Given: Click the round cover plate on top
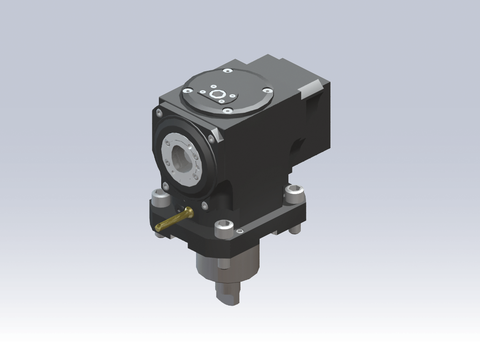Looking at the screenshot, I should point(226,96).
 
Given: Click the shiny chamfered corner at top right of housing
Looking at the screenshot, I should point(313,94).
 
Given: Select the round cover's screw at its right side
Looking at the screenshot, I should point(266,92).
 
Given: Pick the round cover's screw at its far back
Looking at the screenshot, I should point(228,74).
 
